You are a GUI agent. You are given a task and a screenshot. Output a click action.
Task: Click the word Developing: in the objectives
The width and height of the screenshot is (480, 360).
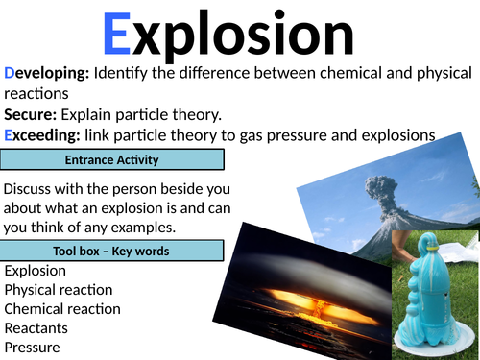click(x=46, y=74)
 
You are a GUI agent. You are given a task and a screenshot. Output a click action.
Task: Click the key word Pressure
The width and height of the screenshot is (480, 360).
click(x=33, y=347)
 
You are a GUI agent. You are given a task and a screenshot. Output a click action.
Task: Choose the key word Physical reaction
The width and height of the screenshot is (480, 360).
click(x=59, y=289)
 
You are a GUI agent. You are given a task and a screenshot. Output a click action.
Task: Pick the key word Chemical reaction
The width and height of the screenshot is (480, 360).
click(x=62, y=308)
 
